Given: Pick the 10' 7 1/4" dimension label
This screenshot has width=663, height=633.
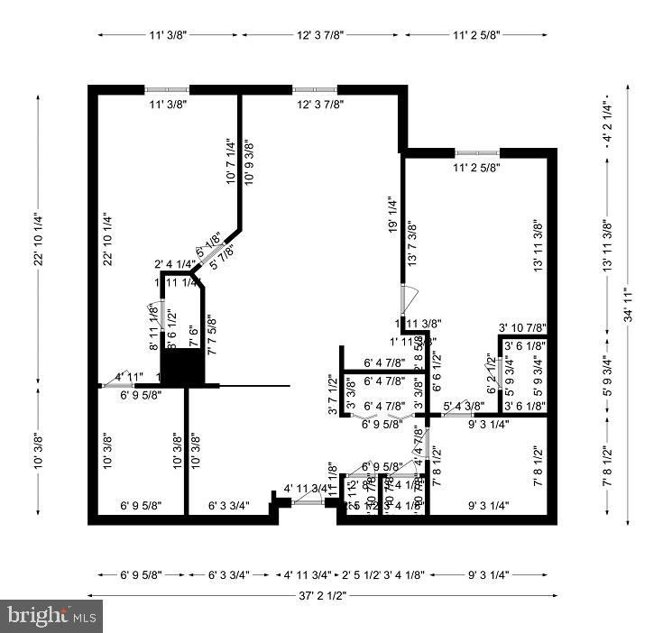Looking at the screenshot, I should coord(229,160).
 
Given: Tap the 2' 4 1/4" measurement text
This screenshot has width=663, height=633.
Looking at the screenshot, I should coord(175,264).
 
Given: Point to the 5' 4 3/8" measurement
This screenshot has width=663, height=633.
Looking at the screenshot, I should coord(463,406).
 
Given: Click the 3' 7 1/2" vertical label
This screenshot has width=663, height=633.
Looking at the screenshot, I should coord(331,394).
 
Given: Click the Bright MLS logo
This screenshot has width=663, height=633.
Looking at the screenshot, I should coord(51,616).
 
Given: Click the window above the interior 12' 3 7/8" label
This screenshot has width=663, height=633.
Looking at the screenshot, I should coord(315,89).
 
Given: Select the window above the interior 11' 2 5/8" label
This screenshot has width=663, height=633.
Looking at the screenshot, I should coord(477,152).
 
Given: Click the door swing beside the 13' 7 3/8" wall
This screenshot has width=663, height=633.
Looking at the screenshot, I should coord(409,296).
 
